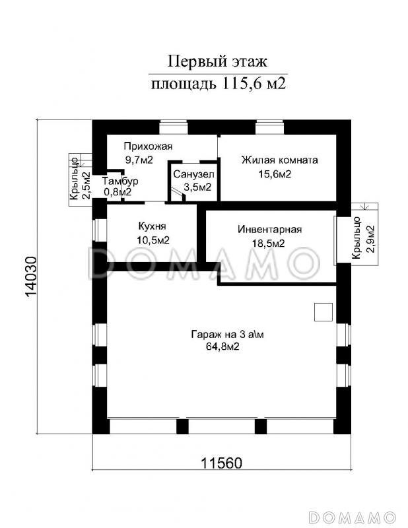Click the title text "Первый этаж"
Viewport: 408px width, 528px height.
[217, 62]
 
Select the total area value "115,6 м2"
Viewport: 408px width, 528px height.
[254, 84]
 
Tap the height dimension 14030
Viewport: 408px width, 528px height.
[30, 277]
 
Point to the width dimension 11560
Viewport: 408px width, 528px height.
[222, 463]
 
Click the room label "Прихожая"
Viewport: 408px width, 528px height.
[148, 147]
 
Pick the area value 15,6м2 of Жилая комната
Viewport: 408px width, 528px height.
[275, 174]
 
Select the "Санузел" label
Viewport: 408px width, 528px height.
[193, 174]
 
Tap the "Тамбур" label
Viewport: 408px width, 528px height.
[120, 181]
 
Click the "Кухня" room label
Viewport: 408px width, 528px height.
[153, 226]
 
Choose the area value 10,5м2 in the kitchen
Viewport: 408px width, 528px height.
[153, 240]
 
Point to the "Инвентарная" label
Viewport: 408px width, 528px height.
[269, 230]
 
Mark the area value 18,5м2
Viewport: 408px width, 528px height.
[269, 243]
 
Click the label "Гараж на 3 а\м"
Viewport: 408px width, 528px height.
[227, 335]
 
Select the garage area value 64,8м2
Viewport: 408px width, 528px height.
[222, 346]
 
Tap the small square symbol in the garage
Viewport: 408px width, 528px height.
[323, 312]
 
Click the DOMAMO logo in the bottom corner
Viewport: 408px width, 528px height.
[352, 517]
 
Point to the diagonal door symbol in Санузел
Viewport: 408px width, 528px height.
[177, 193]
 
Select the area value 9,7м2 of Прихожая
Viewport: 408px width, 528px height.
[139, 160]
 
